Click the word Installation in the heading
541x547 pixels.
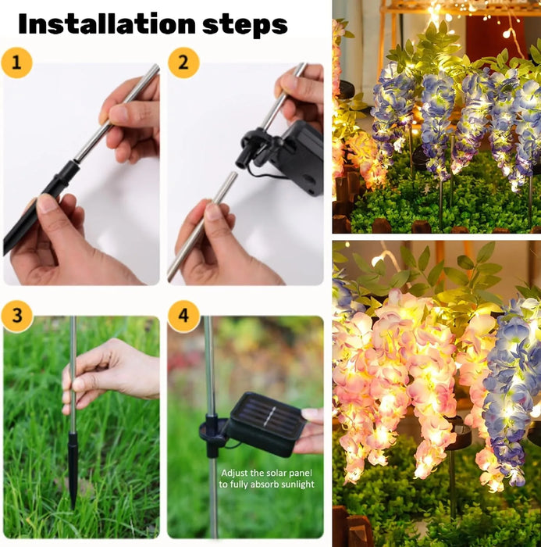tap(107, 24)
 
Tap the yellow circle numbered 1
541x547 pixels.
tap(17, 61)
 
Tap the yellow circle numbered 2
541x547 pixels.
tap(183, 61)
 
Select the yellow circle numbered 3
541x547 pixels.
tap(17, 316)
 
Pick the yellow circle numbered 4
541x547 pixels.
tap(183, 316)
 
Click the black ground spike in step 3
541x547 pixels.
tap(73, 469)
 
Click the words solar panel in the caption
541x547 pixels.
tap(282, 472)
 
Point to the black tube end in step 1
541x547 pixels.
tap(47, 195)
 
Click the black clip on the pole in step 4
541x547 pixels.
tap(212, 427)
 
